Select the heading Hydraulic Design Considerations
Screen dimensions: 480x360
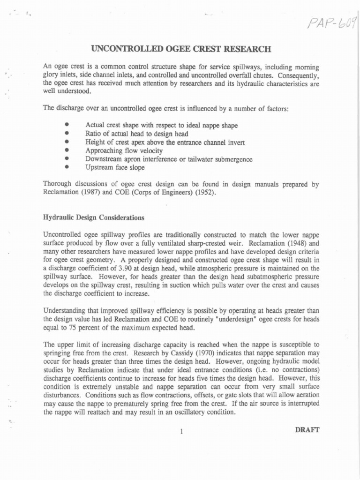point(94,218)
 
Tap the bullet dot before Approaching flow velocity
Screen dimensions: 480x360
point(67,150)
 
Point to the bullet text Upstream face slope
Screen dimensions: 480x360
point(115,167)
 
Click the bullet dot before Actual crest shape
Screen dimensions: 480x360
point(67,125)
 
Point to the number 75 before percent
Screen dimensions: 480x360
point(69,328)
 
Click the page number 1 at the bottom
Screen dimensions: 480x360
point(180,432)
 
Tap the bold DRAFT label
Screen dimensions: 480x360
point(307,429)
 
